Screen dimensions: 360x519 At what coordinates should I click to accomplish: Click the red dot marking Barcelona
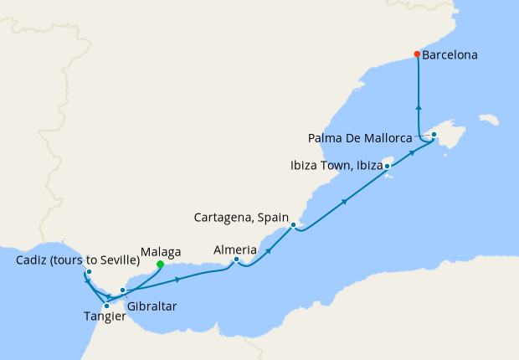click(417, 54)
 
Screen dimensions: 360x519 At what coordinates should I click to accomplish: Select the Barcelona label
click(450, 55)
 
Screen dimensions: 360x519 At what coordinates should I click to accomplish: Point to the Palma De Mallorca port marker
click(434, 134)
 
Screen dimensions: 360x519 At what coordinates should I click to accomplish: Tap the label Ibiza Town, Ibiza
click(338, 165)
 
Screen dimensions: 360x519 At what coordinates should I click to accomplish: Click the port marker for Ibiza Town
click(387, 167)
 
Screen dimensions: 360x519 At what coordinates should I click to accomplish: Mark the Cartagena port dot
click(292, 225)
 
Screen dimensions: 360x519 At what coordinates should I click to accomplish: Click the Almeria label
click(235, 249)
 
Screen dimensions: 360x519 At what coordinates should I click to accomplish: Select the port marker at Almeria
click(237, 260)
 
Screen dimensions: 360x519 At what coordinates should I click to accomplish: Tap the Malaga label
click(162, 251)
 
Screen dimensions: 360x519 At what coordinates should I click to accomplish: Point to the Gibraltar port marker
click(122, 291)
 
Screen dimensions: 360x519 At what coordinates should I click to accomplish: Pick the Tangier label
click(105, 315)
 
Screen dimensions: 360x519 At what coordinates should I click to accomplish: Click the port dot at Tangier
click(106, 306)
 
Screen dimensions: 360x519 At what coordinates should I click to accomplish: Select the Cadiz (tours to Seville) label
click(78, 260)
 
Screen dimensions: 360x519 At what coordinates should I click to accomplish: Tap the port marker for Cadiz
click(89, 272)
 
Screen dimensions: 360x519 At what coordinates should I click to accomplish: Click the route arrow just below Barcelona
click(418, 105)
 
